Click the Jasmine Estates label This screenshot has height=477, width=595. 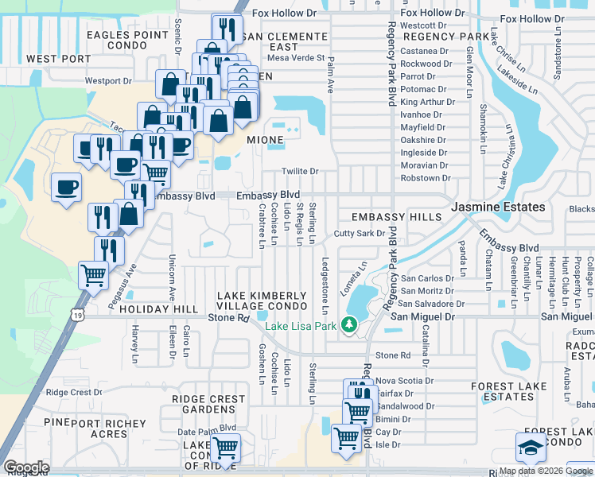pos(499,207)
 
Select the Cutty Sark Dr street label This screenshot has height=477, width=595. pos(359,234)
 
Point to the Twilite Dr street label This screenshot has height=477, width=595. pos(300,171)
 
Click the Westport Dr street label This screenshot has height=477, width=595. pos(107,81)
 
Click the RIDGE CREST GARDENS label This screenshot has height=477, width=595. pos(208,405)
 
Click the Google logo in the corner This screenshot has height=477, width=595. pos(25,467)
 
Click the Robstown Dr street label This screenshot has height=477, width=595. pos(425,178)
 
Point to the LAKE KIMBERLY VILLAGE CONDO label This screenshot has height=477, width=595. pos(262,301)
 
